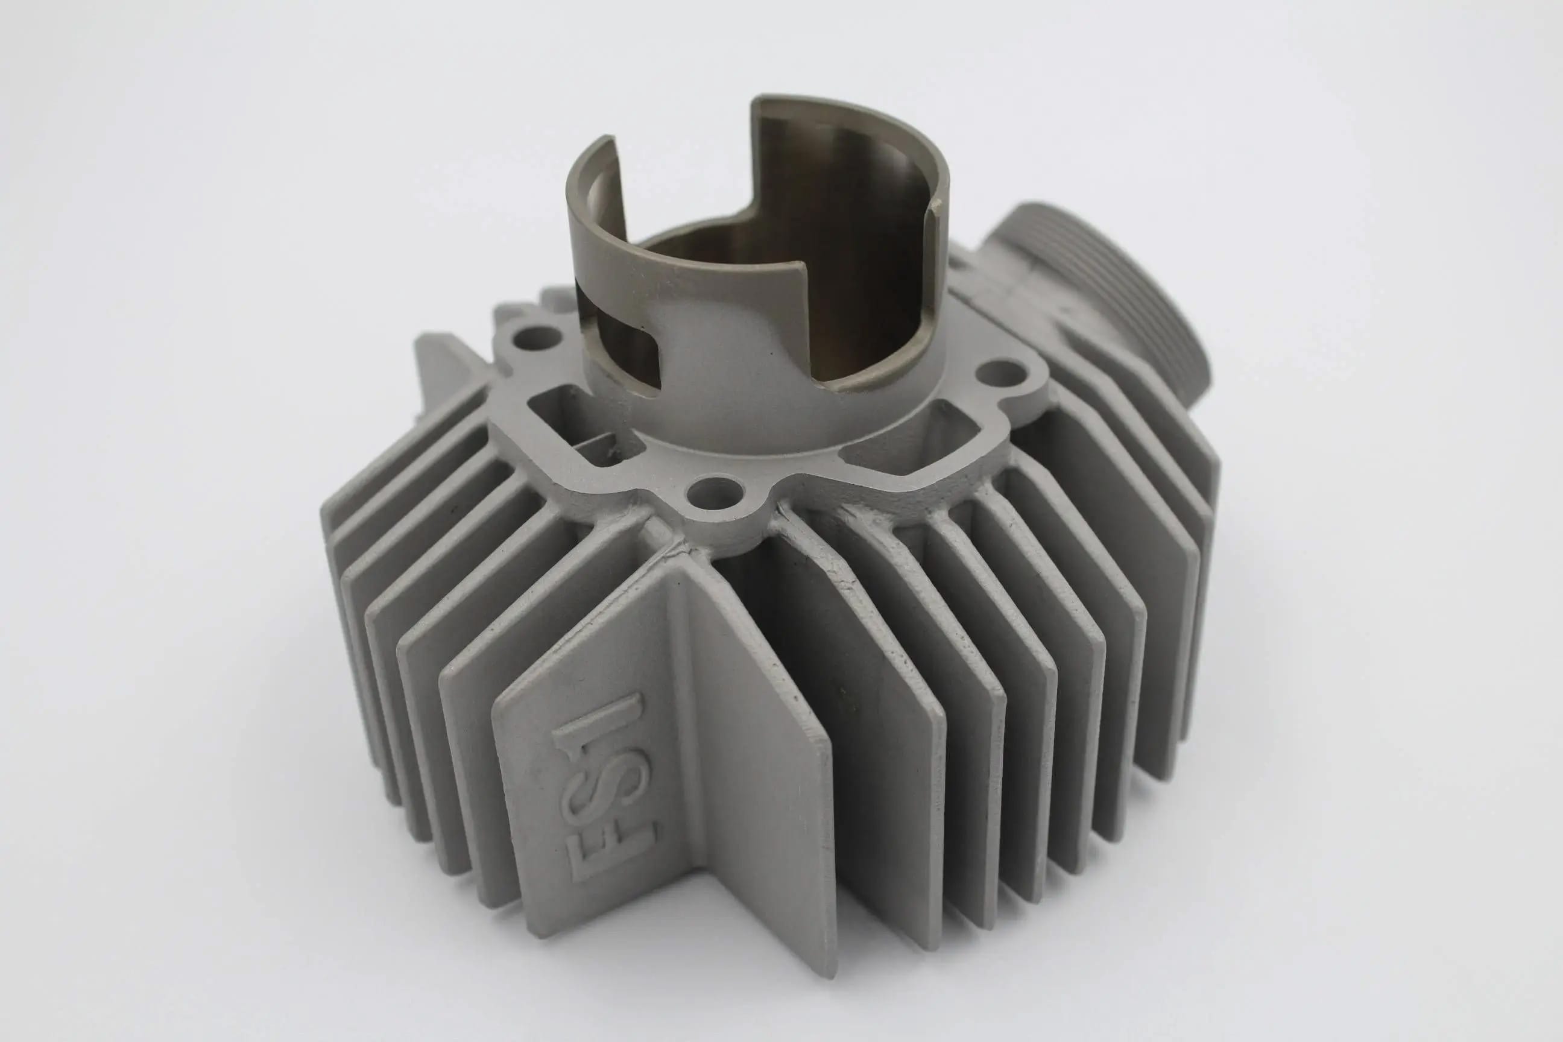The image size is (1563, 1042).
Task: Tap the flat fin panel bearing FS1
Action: (x=598, y=764)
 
